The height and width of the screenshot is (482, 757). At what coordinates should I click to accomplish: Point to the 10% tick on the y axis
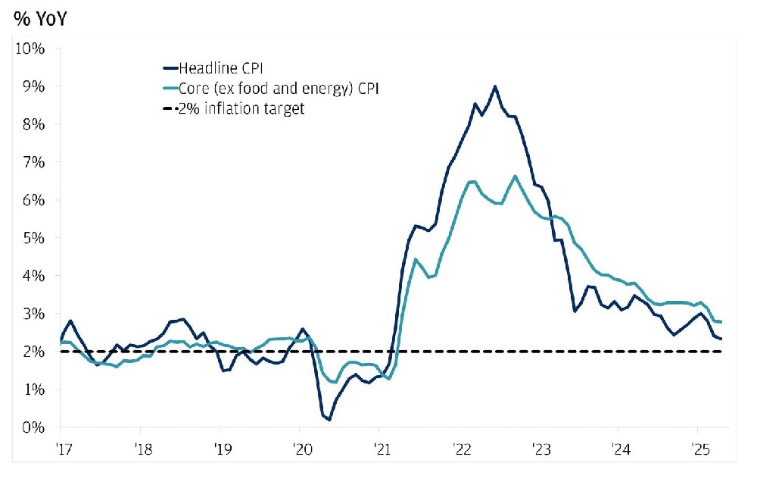pos(31,49)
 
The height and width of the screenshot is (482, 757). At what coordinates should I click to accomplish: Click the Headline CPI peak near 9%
pos(495,86)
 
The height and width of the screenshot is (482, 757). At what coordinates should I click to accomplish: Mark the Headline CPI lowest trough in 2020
pos(329,419)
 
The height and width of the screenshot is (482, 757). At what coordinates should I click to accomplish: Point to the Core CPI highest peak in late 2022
pos(515,177)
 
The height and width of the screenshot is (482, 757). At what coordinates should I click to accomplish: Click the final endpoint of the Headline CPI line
pos(721,339)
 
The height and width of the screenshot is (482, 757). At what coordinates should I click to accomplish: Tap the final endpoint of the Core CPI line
pos(721,322)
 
